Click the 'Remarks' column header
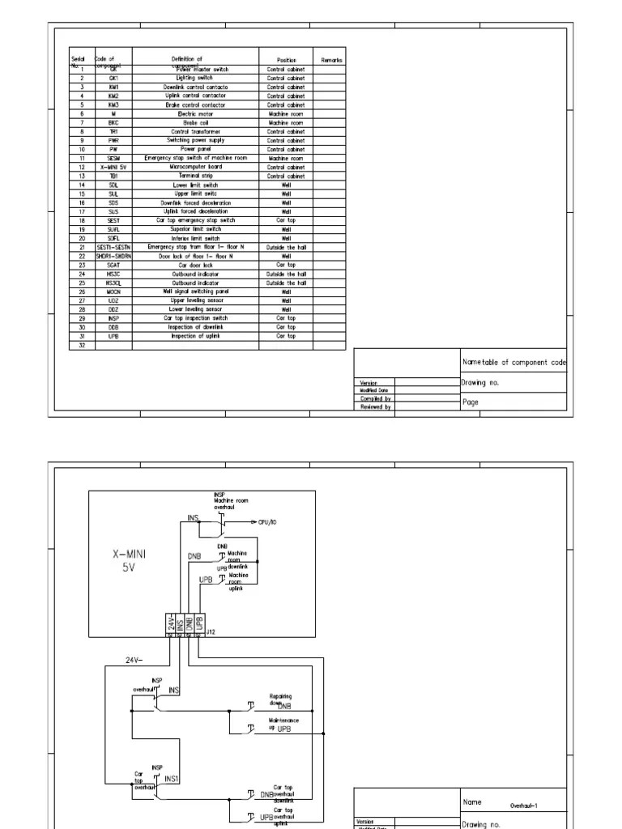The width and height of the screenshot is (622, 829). (x=331, y=60)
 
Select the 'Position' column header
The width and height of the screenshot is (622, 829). (x=286, y=60)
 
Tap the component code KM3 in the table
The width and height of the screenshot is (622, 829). (x=113, y=105)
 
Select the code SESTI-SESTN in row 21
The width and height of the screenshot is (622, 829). (x=113, y=247)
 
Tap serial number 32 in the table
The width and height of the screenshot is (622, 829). (x=82, y=345)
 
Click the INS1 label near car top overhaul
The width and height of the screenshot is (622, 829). (x=173, y=779)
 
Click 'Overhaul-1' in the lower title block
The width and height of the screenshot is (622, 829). (x=526, y=806)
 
